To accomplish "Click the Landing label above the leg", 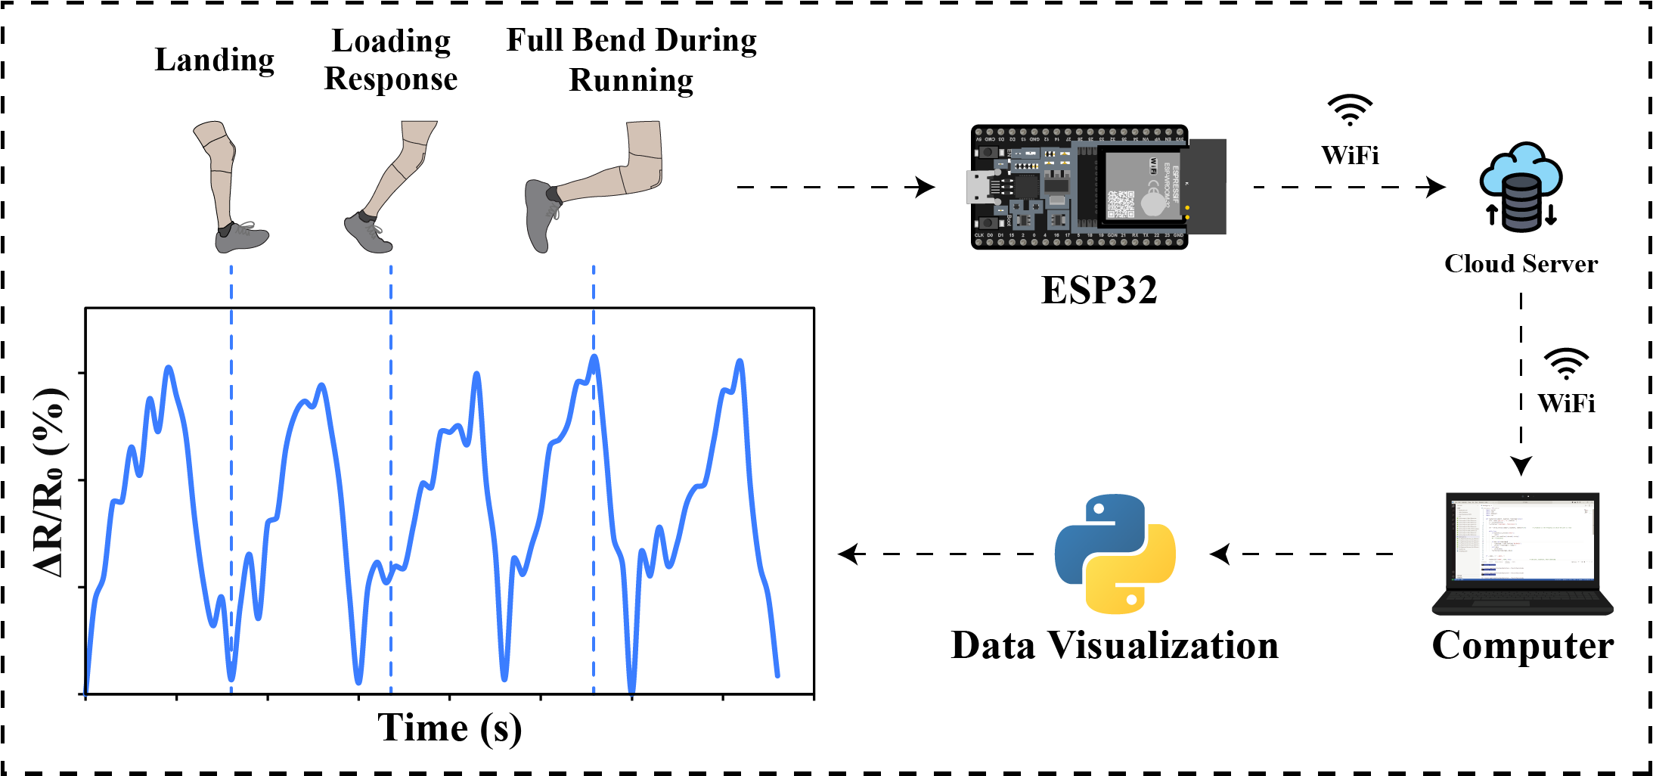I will click(215, 60).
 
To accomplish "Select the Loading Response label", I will click(391, 60).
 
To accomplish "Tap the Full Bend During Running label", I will click(631, 60).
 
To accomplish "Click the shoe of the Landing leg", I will click(241, 237).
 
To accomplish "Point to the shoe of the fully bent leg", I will click(538, 215).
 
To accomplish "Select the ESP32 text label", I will click(1099, 290).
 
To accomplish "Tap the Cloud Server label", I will click(1521, 263).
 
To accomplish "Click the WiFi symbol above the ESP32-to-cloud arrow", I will click(1350, 110).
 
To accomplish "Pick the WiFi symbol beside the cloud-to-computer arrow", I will click(1566, 363).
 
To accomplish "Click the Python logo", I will click(1115, 554).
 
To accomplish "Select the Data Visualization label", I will click(1115, 645).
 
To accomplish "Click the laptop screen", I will click(1522, 539).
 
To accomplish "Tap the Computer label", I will click(1522, 645).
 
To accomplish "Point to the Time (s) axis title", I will click(450, 728).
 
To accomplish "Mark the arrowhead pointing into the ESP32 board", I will click(926, 187).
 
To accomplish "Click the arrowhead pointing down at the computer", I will click(1521, 465).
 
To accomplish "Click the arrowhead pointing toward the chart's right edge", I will click(850, 554).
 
